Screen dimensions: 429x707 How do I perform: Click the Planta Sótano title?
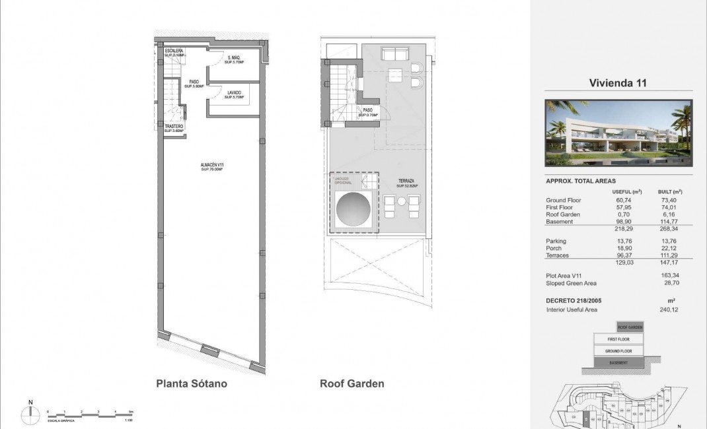[191, 383]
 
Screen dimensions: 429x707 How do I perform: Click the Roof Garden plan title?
[352, 383]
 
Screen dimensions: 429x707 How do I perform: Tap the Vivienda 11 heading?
[617, 83]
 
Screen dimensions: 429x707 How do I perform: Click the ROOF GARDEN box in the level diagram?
[630, 327]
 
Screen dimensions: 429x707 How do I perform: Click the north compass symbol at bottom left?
[30, 413]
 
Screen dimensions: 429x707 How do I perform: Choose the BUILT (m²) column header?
[670, 191]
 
